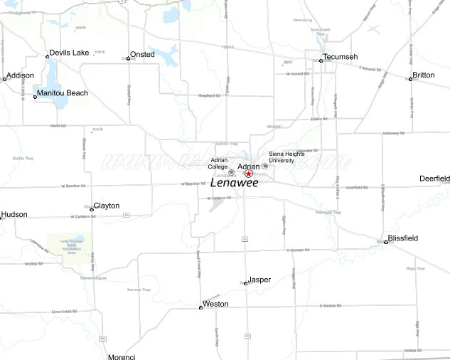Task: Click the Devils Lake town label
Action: (x=70, y=53)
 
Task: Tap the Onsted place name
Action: (x=142, y=54)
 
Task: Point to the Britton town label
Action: (x=424, y=75)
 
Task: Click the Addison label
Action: (x=20, y=75)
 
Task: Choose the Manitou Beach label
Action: (x=63, y=93)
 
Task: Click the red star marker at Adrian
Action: (x=249, y=174)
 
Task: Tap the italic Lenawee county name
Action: (x=234, y=183)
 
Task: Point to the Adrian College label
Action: (x=218, y=164)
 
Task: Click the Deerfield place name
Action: (x=434, y=178)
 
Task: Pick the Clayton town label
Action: (x=107, y=206)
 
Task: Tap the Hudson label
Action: (x=14, y=214)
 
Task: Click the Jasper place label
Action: (x=259, y=280)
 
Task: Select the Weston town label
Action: (x=215, y=304)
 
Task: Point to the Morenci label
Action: (x=121, y=356)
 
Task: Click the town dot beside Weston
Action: (x=200, y=307)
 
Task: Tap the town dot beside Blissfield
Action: (x=386, y=242)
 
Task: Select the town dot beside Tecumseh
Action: (x=321, y=60)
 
